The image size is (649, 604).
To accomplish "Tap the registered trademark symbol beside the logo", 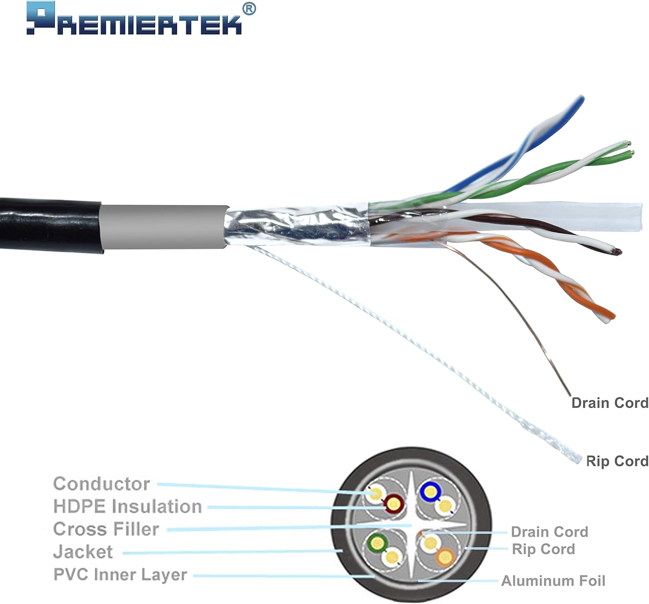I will click(248, 8).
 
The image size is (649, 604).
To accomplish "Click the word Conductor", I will click(101, 484).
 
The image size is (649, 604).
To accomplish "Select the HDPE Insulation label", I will click(128, 507).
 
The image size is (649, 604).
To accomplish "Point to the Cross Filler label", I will click(106, 529).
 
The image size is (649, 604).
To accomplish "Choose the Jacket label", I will click(83, 552).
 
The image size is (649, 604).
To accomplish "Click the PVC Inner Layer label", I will click(120, 575).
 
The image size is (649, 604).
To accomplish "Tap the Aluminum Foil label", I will click(553, 581).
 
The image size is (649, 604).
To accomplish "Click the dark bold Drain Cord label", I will click(610, 403).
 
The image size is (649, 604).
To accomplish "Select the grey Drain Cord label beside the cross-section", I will click(549, 532).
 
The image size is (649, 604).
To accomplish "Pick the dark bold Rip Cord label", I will click(617, 461).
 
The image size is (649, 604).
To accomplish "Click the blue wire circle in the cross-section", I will click(430, 491).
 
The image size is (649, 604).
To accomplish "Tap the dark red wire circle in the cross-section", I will click(394, 503).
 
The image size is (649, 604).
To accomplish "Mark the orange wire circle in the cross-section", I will click(444, 557).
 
